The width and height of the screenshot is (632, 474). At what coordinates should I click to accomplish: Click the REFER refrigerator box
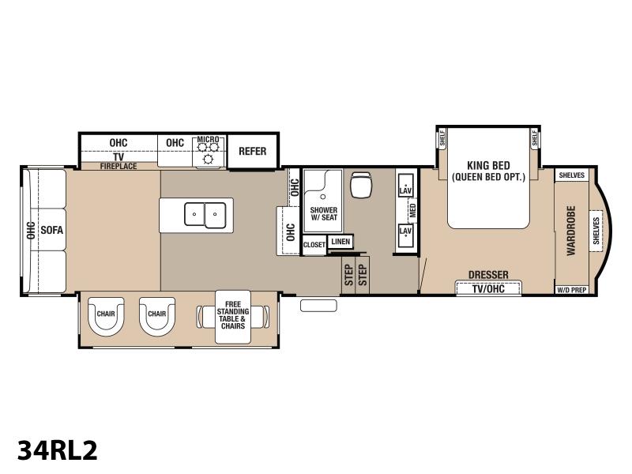coord(253,151)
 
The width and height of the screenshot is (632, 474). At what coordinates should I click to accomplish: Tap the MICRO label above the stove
coord(208,140)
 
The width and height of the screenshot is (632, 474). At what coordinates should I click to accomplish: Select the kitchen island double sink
coord(205,215)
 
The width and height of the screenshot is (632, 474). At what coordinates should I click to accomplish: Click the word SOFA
coord(52,230)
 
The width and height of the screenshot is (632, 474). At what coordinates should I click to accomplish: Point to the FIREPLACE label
coord(118,166)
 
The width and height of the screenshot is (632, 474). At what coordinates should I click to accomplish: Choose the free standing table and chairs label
coord(233,315)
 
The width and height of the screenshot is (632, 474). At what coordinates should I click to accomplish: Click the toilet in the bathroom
coord(361,184)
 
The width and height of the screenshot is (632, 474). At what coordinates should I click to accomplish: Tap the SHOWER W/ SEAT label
coord(324,213)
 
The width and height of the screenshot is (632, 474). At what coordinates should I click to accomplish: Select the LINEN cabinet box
coord(340,242)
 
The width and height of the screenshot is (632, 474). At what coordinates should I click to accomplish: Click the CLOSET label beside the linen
coord(314,245)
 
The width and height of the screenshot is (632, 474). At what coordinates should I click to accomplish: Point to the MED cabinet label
coord(412,210)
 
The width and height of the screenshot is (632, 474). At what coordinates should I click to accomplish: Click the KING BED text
coord(488,165)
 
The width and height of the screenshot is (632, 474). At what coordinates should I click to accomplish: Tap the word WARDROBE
coord(571,231)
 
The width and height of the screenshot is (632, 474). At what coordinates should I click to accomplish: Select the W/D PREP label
coord(571,290)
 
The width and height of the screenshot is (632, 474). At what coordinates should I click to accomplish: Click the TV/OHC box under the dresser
coord(488,288)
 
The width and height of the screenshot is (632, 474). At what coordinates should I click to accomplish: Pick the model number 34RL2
coord(57,450)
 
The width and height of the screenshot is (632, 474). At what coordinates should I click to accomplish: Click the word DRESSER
coord(488,275)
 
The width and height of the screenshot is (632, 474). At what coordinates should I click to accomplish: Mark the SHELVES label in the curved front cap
coord(596,231)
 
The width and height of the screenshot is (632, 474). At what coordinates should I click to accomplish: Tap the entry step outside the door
coord(318,306)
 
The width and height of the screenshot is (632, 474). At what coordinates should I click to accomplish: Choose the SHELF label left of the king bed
coord(442,138)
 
